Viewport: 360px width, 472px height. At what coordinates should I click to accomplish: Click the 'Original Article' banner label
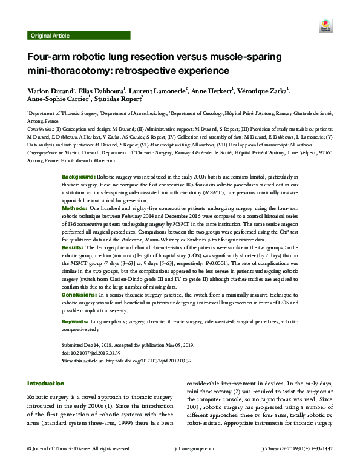48,36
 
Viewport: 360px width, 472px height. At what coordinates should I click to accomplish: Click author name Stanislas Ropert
119,99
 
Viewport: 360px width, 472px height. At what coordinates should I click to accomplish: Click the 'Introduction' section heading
46,383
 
